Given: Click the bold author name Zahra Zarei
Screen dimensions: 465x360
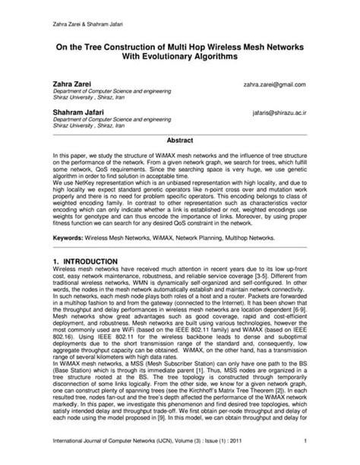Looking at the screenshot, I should tap(73, 84).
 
